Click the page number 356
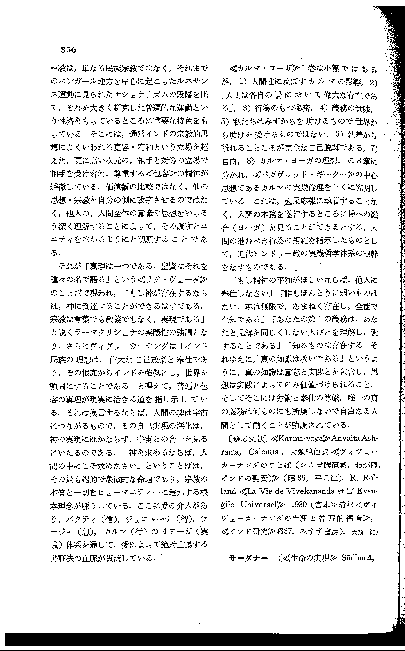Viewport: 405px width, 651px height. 69,50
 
